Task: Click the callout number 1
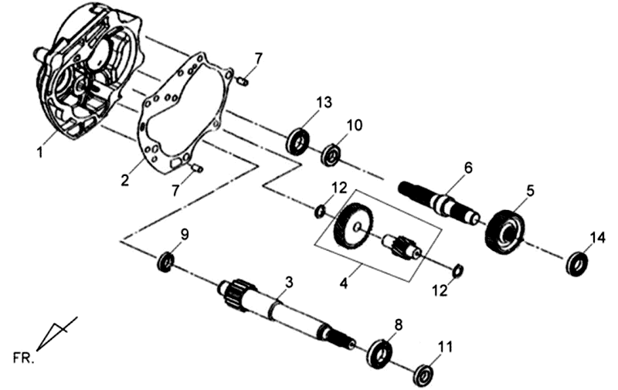(x=39, y=153)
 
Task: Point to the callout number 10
(x=354, y=125)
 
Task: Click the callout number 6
(x=467, y=167)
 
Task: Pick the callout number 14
(x=598, y=237)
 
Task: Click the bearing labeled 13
(x=298, y=141)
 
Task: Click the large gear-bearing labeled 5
(x=505, y=231)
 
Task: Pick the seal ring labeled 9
(x=165, y=262)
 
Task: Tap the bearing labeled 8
(x=379, y=351)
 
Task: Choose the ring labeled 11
(x=423, y=376)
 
